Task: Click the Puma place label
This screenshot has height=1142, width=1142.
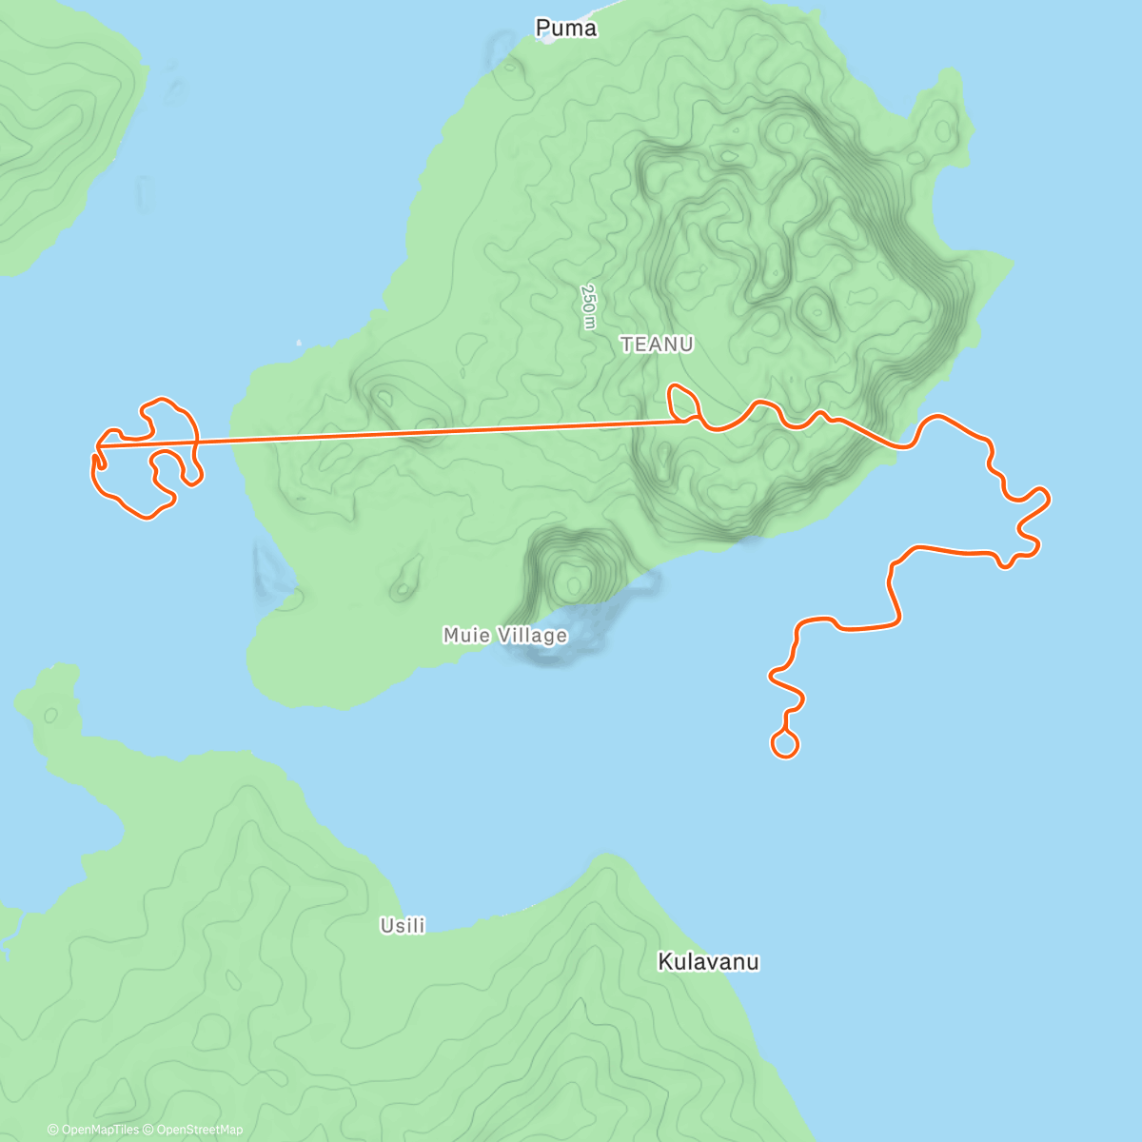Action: (566, 29)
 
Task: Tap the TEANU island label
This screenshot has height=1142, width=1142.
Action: (657, 345)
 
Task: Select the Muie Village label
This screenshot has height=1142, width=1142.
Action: (505, 635)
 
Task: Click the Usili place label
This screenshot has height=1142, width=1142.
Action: (403, 925)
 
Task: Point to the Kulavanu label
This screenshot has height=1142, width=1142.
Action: (708, 962)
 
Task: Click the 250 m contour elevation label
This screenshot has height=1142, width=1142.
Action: (589, 306)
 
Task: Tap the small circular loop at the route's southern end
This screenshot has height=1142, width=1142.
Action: (784, 744)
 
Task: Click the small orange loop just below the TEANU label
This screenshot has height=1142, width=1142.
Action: (682, 400)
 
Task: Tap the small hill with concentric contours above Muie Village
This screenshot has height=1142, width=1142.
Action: (573, 577)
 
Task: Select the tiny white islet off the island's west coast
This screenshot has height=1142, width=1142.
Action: (299, 343)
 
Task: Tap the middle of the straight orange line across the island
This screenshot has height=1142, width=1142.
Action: (390, 433)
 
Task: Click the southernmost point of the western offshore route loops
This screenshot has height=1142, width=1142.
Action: (148, 517)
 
